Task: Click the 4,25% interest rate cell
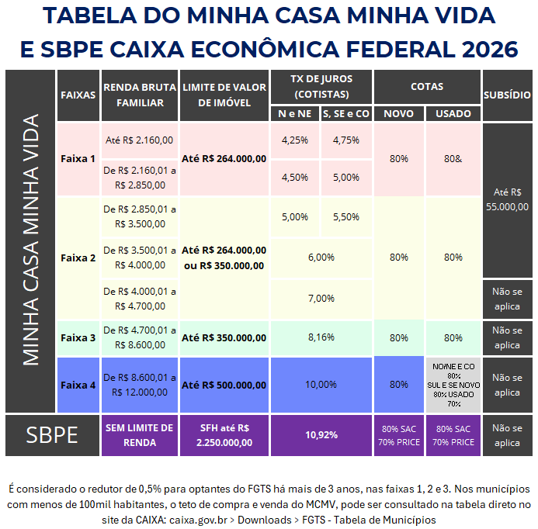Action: pos(294,140)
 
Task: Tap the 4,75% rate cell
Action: pos(345,140)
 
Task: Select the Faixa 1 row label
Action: pos(78,158)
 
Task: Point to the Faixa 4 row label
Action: pos(78,385)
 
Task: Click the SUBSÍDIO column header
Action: pos(507,95)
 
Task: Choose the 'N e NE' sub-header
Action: pos(294,113)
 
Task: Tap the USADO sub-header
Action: pos(453,113)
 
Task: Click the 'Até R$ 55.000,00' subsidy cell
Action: pos(507,199)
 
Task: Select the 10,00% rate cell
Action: pos(321,385)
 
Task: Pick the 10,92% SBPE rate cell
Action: pos(321,435)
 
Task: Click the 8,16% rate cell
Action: pos(321,337)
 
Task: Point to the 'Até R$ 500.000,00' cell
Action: pos(224,385)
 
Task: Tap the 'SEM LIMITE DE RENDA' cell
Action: pos(139,435)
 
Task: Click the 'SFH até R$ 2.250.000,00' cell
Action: pos(224,435)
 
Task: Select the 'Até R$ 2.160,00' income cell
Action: pos(139,140)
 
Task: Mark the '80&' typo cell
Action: pos(453,158)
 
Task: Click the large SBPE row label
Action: pos(52,435)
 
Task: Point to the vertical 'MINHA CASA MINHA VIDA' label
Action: pos(30,240)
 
